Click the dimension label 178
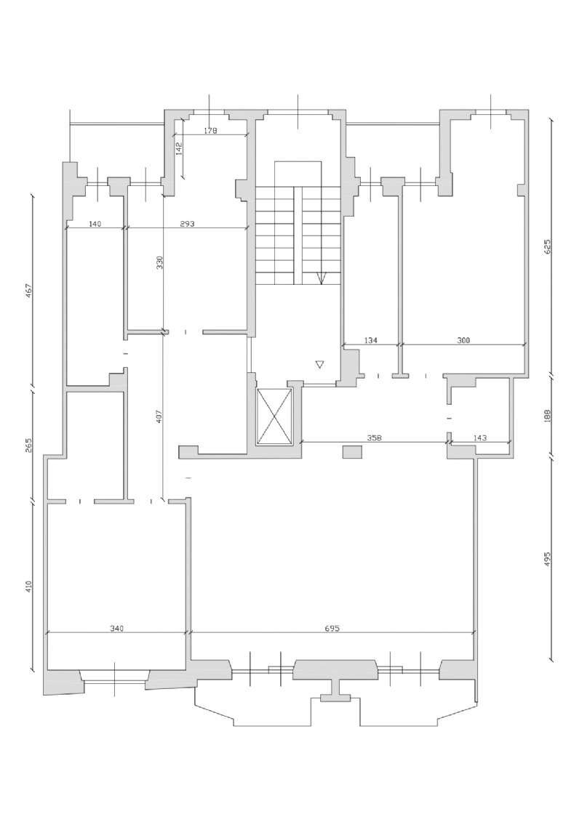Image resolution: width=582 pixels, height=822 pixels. pos(211,131)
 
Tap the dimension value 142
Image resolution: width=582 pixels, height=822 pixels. pos(178,149)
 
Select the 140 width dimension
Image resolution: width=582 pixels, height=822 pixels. pos(95,225)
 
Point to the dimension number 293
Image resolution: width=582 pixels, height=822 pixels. pos(187,225)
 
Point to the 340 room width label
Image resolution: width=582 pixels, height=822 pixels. pos(117,629)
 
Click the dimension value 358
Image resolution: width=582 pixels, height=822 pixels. pos(375,438)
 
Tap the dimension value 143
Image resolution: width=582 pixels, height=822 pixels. pos(480,438)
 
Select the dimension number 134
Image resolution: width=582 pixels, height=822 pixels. pos(370,340)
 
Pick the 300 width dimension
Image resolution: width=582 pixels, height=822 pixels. pos(464,340)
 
